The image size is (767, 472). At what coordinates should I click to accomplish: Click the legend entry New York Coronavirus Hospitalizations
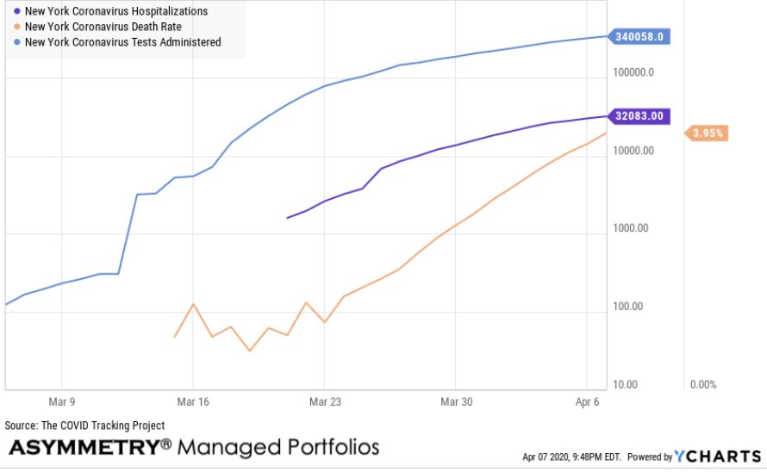pos(115,12)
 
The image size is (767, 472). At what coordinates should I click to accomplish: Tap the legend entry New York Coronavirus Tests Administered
pos(122,41)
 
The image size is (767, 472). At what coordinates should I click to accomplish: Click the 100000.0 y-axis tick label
pos(633,72)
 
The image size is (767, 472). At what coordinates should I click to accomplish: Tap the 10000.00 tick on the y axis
pos(633,151)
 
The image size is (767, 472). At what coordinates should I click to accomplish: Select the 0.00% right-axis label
pos(703,384)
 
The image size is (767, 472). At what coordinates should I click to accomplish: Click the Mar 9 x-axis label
pos(61,402)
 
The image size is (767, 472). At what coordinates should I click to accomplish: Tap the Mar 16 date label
pos(192,402)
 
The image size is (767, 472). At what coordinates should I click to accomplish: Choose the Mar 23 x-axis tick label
pos(324,402)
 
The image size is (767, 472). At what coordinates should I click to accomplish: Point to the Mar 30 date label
pos(456,402)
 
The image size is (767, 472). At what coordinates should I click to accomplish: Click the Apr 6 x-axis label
pos(587,402)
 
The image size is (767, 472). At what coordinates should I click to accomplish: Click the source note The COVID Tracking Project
pos(84,425)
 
